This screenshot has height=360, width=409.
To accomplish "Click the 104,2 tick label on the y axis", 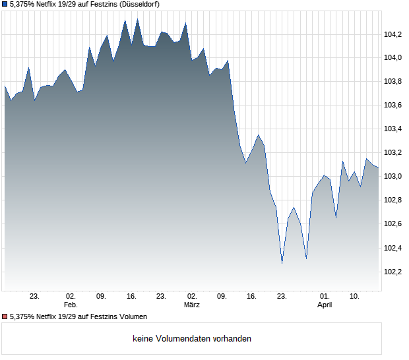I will coord(393,34).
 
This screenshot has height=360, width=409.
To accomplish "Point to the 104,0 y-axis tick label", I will coord(393,58).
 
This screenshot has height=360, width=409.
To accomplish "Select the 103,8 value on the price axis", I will coord(393,82).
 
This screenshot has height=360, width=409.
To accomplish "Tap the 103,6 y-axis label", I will coord(393,105).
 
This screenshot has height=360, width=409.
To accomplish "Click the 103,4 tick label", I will coord(393,129).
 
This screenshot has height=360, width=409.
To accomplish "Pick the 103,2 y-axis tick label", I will coord(393,153).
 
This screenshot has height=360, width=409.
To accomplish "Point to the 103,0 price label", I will coord(393,177).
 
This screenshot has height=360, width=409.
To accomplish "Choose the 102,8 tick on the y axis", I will coord(393,200).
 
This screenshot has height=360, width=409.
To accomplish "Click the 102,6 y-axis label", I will coord(393,224).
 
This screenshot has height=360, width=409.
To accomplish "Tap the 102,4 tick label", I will coord(393,249).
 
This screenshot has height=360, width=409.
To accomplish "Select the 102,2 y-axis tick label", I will coord(393,272).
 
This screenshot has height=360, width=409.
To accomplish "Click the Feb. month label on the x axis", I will coord(71,305).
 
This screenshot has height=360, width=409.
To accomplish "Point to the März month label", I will coord(192,305).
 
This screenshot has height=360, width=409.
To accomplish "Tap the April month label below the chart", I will coord(325,305).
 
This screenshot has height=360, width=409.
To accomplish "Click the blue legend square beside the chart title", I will coord(5,4).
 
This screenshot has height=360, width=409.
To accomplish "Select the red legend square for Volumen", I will coord(5,317).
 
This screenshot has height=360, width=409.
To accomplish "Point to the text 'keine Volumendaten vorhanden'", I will coord(192,339).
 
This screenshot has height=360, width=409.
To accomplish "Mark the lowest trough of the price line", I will coord(282,263).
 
